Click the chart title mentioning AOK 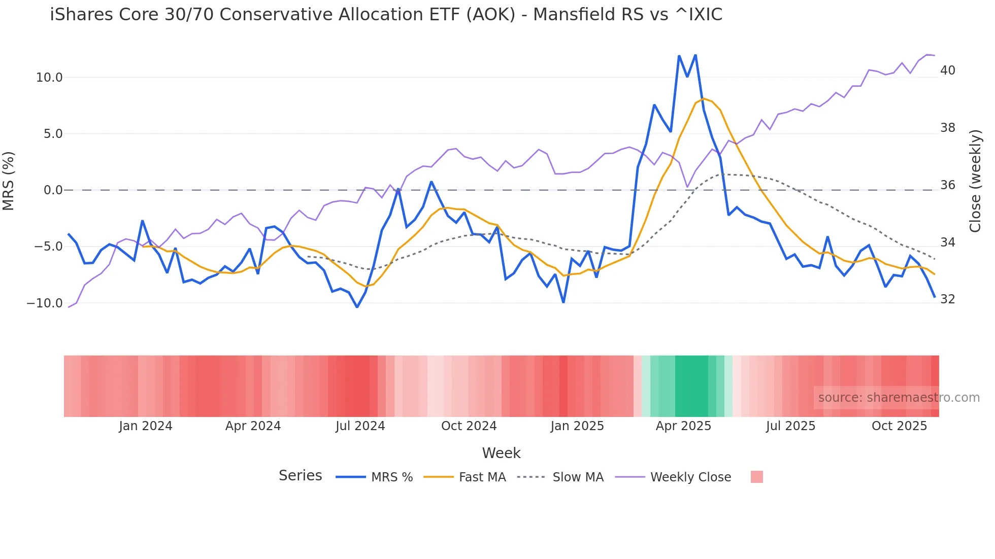(x=386, y=15)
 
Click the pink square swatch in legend (x=756, y=477)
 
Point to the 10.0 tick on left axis (x=49, y=78)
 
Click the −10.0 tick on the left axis (x=45, y=303)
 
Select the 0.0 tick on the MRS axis (x=53, y=190)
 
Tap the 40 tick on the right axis (x=947, y=71)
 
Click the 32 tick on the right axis (x=947, y=299)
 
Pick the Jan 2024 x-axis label (x=146, y=426)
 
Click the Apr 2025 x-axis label (x=683, y=426)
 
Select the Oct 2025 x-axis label (x=899, y=426)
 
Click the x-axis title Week (x=501, y=453)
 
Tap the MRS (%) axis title (x=9, y=181)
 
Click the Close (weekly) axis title (x=975, y=181)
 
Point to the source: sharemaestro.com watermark (x=899, y=398)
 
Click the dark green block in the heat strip (x=691, y=386)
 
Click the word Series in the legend (x=300, y=476)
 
